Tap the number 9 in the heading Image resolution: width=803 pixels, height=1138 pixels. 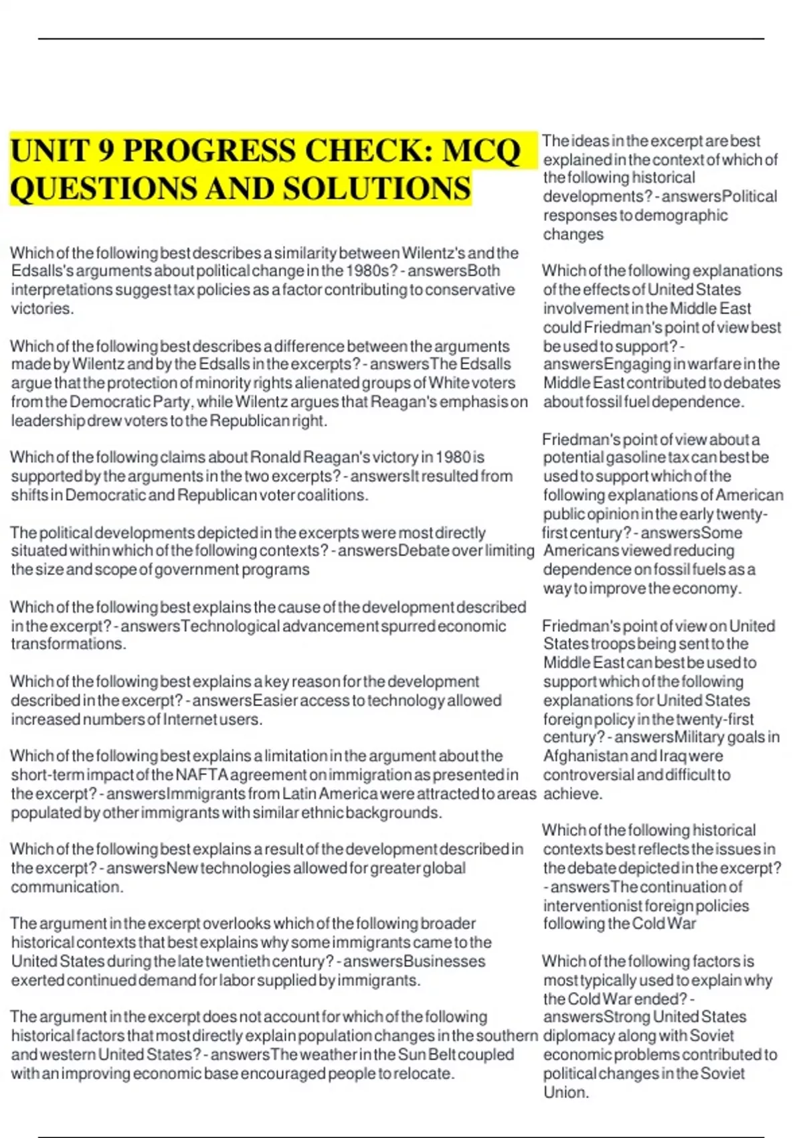105,151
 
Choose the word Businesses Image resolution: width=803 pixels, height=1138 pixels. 444,962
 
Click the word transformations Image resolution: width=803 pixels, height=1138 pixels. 68,645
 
